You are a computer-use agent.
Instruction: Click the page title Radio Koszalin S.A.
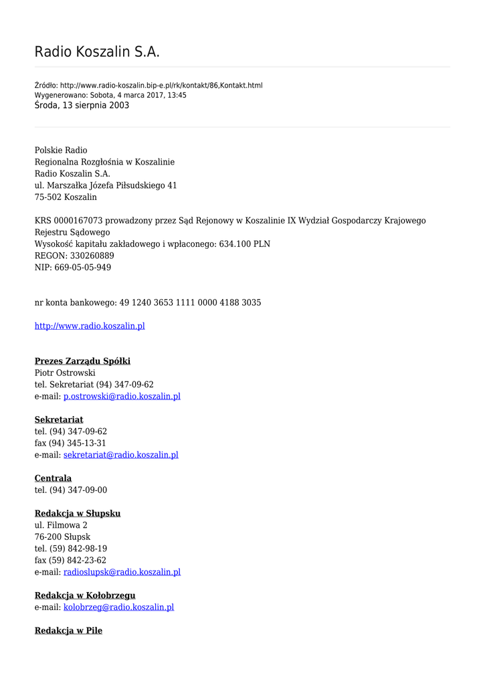[97, 52]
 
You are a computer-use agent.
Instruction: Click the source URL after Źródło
[161, 86]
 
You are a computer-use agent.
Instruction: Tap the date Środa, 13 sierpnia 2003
[82, 106]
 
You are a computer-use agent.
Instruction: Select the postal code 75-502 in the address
[47, 197]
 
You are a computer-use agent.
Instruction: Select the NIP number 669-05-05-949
[83, 268]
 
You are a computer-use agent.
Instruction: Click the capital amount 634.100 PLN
[245, 244]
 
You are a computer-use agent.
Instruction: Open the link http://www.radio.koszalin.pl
[90, 326]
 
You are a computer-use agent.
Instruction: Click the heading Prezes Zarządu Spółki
[82, 361]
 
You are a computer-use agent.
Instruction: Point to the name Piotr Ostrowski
[65, 373]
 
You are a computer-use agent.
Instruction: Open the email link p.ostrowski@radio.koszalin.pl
[122, 396]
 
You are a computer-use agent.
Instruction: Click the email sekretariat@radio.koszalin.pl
[120, 455]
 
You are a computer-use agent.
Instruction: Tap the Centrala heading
[53, 478]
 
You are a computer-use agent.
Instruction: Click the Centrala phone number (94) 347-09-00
[78, 490]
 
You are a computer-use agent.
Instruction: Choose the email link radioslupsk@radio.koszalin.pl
[122, 572]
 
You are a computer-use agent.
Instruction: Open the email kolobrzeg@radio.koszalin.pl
[118, 607]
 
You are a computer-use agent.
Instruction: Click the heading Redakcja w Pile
[68, 630]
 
